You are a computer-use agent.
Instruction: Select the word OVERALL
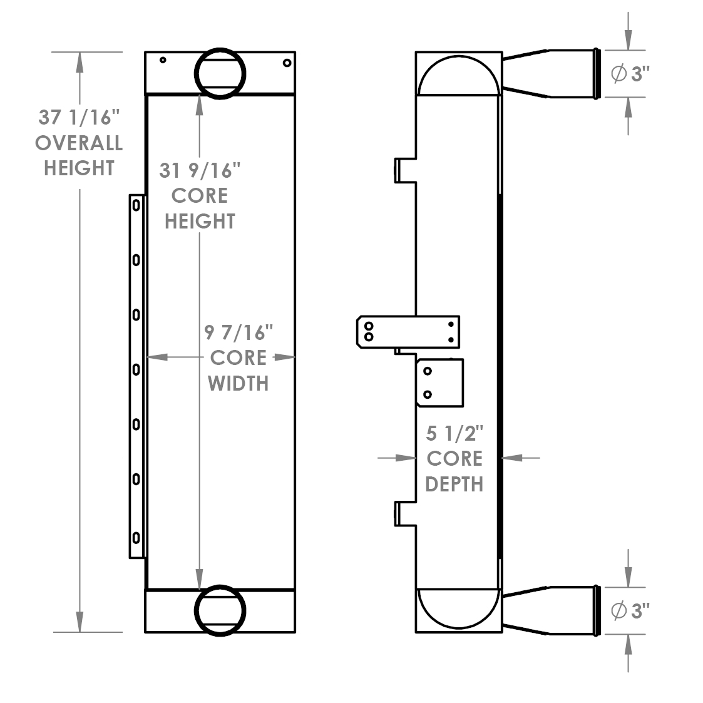point(79,143)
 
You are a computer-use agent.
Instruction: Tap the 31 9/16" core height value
point(200,170)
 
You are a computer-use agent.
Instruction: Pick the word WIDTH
point(238,382)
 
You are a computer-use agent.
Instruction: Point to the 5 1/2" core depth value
point(455,433)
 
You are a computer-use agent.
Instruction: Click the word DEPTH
point(454,484)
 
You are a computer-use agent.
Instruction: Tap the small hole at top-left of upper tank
point(163,60)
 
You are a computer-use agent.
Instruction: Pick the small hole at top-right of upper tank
point(287,63)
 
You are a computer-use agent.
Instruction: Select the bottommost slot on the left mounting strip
point(136,537)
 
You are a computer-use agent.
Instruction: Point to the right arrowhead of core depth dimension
point(512,458)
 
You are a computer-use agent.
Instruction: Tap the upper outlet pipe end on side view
point(597,74)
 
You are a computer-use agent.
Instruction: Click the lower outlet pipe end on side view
point(597,610)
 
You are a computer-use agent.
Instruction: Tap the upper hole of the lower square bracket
point(428,371)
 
